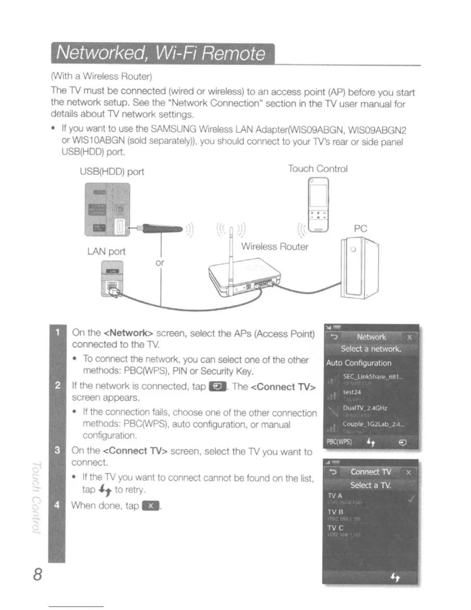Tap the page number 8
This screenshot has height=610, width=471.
37,574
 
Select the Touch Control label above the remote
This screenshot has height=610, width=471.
317,169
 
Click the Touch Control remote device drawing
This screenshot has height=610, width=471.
319,205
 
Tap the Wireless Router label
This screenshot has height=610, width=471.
274,246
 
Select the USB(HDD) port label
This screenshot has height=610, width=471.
112,172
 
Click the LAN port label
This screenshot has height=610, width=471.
106,251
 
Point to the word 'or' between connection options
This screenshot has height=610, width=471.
160,263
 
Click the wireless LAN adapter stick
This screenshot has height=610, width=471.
162,228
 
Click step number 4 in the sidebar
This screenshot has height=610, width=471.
57,505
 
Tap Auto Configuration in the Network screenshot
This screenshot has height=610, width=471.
359,363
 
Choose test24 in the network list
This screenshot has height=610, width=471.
352,392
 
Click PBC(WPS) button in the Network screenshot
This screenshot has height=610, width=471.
339,442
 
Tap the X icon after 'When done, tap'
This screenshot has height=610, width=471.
150,506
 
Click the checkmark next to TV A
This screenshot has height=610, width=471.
411,499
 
